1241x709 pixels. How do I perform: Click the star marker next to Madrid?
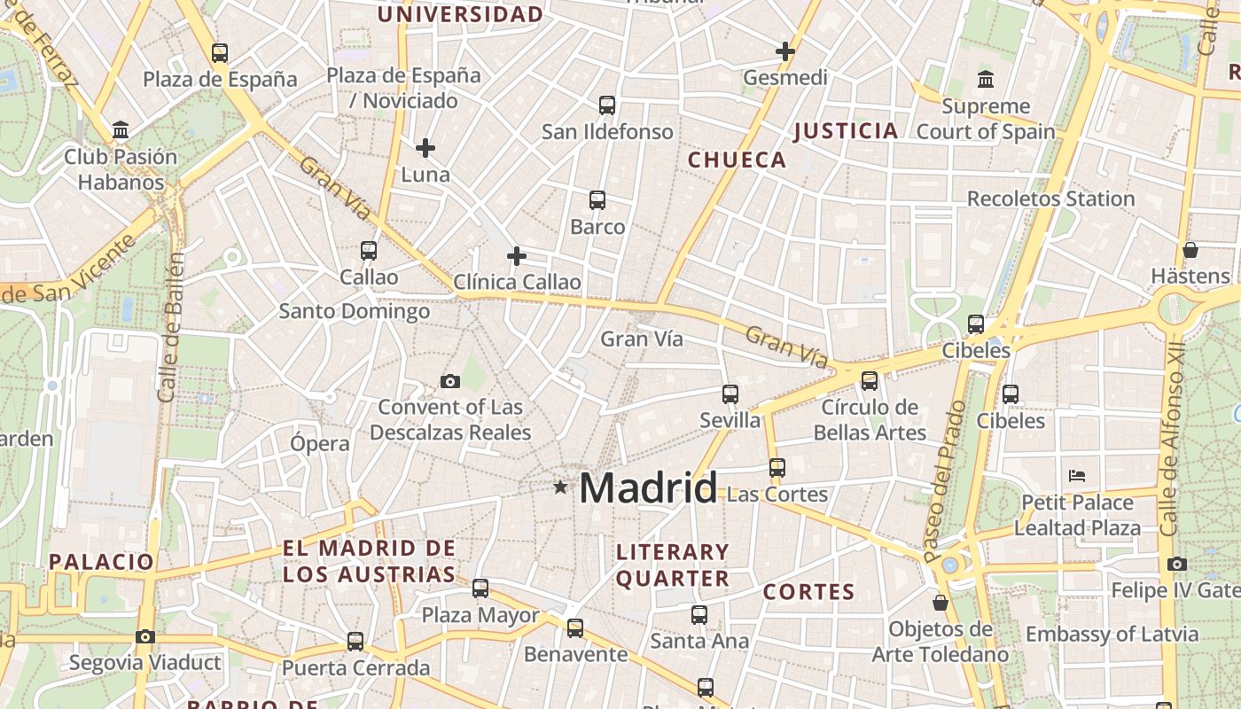tap(559, 487)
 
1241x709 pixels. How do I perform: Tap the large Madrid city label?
tap(648, 488)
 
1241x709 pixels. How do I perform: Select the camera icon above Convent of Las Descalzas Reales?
tap(450, 382)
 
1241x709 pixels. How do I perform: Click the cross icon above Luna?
tap(425, 148)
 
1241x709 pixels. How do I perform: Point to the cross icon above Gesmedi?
tap(784, 51)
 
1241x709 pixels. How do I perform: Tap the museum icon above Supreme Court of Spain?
tap(986, 80)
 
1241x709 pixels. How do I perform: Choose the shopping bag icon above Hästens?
tap(1190, 250)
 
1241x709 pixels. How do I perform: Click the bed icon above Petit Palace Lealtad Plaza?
tap(1077, 476)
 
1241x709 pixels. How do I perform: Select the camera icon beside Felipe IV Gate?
tap(1177, 564)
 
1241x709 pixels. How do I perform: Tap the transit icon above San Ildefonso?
tap(607, 105)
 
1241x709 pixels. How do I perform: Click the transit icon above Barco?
tap(597, 200)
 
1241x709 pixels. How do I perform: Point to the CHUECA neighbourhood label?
tap(737, 160)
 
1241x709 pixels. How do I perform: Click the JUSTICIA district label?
tap(846, 131)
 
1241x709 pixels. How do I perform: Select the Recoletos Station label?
tap(1050, 199)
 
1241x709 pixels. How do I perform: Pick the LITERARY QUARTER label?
tap(673, 565)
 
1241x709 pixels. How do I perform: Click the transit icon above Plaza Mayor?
tap(480, 588)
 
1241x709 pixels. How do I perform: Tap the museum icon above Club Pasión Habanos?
tap(121, 131)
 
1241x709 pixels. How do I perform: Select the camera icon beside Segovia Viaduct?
tap(145, 636)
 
